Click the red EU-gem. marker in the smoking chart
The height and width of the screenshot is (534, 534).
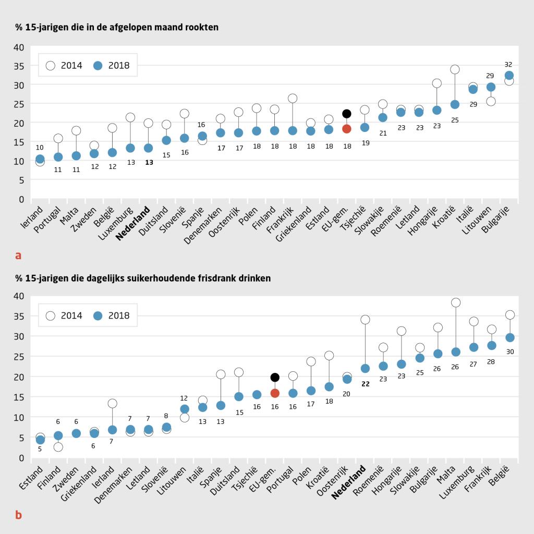(347, 129)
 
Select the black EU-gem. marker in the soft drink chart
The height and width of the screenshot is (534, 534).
(275, 377)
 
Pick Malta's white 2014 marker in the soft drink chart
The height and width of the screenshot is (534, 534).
(456, 302)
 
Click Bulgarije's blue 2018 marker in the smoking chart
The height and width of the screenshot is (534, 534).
(509, 76)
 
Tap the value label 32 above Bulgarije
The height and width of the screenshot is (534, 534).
(508, 64)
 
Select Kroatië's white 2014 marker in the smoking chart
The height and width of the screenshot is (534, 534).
(455, 69)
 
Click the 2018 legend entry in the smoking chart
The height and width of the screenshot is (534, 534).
(111, 65)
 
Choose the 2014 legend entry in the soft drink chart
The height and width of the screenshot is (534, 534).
(64, 315)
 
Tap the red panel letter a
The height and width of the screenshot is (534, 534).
(18, 256)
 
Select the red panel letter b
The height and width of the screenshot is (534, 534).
(18, 515)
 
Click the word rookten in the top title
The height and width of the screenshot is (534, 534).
(202, 27)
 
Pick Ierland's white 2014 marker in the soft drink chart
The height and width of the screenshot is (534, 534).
(112, 404)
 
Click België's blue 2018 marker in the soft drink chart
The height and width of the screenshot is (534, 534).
(510, 338)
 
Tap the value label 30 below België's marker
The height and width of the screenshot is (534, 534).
(510, 352)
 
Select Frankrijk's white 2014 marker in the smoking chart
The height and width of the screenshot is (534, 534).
(293, 98)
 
